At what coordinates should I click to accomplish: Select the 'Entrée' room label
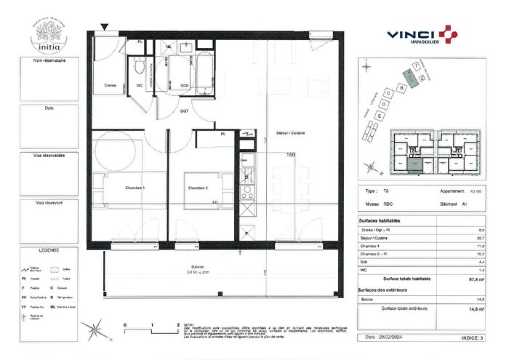pyautogui.click(x=111, y=85)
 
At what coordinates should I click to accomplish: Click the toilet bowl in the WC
pyautogui.click(x=138, y=68)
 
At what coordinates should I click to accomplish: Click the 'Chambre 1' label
pyautogui.click(x=135, y=188)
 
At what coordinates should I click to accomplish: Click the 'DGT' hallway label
pyautogui.click(x=185, y=110)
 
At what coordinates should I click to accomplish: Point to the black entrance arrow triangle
pyautogui.click(x=105, y=28)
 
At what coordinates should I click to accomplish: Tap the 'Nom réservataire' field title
pyautogui.click(x=50, y=61)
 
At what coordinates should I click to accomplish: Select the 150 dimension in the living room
pyautogui.click(x=290, y=155)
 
